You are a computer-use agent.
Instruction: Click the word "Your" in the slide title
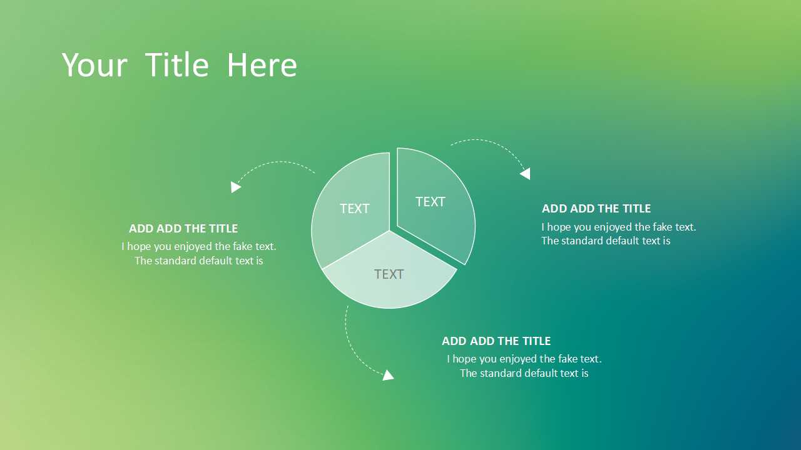point(94,65)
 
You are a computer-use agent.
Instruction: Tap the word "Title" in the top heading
point(177,64)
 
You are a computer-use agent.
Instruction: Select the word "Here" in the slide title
point(262,64)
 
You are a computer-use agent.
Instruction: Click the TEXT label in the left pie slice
point(354,209)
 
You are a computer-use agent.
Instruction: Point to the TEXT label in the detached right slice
point(430,202)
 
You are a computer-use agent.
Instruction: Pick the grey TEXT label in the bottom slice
point(389,274)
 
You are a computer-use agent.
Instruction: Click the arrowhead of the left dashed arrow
point(236,187)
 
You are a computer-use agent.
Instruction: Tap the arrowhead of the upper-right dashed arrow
point(525,174)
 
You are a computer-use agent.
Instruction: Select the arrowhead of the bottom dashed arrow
point(388,376)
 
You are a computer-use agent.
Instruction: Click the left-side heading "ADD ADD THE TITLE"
point(183,229)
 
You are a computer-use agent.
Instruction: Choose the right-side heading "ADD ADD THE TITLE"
point(596,209)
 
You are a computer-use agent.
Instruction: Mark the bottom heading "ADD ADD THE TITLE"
point(496,341)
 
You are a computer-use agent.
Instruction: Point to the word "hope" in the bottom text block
point(464,359)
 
